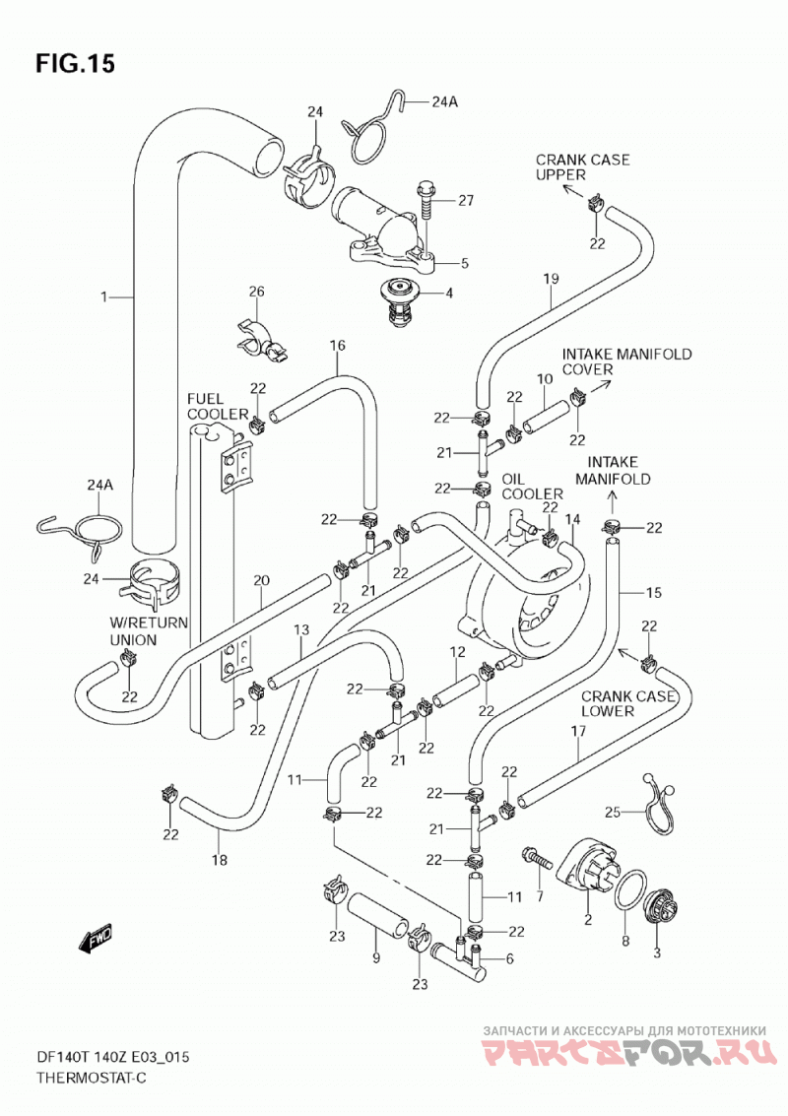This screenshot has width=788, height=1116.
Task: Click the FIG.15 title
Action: point(75,64)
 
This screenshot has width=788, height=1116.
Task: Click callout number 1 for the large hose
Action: point(104,296)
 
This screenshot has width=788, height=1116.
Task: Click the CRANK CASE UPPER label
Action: point(582,167)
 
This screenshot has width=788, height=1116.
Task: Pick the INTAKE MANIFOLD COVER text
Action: point(626,361)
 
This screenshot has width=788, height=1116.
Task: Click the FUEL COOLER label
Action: point(217,407)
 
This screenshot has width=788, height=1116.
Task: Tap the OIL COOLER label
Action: point(532,487)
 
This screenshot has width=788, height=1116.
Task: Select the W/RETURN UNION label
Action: point(148,631)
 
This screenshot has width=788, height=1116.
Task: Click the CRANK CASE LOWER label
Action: point(627,703)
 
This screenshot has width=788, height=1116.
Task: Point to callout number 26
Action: point(256,292)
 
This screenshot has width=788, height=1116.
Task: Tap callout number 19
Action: point(552,279)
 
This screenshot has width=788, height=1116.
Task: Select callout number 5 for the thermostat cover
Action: point(465,263)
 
